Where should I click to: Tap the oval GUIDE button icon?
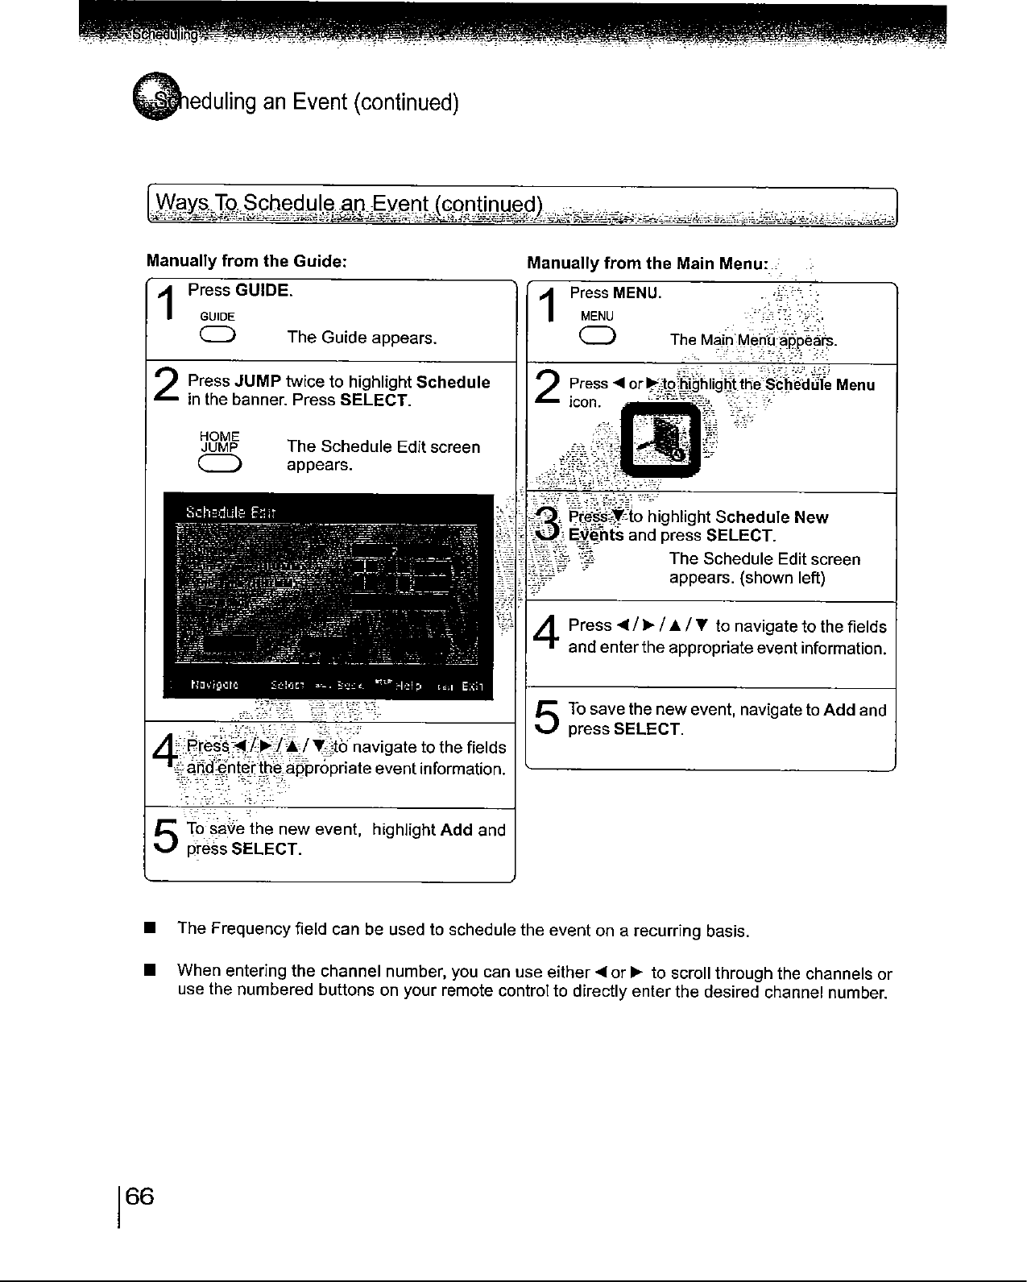click(x=219, y=336)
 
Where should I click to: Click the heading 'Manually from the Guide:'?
click(x=246, y=261)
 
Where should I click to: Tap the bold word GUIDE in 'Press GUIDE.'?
click(x=263, y=290)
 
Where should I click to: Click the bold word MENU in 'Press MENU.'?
click(x=636, y=292)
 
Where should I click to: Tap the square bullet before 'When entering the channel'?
click(x=149, y=969)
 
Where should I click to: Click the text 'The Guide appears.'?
click(x=362, y=337)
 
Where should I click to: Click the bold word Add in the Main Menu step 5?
click(x=839, y=710)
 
